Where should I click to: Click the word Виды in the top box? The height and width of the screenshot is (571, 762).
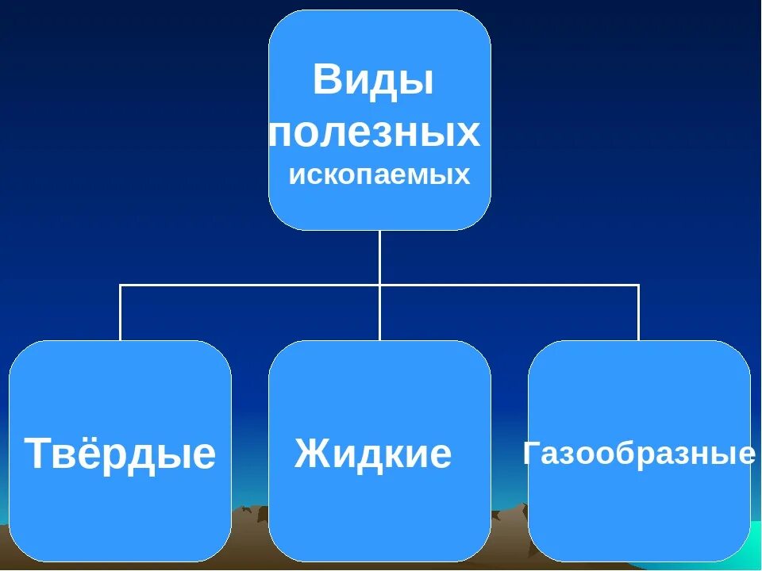[x=373, y=81]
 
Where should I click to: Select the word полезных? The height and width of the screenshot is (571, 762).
[x=375, y=132]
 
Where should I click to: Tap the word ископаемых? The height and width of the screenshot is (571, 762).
[x=379, y=175]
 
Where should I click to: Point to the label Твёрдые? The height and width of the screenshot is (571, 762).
[x=120, y=454]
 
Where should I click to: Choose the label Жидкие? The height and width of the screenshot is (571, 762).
[x=373, y=454]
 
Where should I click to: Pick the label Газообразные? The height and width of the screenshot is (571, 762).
[x=639, y=454]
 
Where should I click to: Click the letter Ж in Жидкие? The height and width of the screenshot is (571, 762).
[x=310, y=454]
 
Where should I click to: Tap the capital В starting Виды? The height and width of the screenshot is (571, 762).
[x=325, y=81]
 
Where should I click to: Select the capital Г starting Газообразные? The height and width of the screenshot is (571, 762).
[x=533, y=454]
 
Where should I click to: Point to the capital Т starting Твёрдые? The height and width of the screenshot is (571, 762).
[x=38, y=454]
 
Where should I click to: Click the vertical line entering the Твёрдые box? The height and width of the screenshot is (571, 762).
[x=121, y=313]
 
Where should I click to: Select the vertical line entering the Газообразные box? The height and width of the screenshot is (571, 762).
[x=638, y=313]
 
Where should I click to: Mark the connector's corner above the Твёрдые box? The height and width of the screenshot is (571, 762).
[x=121, y=285]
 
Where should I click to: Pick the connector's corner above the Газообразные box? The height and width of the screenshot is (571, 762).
[x=638, y=285]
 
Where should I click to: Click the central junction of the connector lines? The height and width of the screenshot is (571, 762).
[x=379, y=285]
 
